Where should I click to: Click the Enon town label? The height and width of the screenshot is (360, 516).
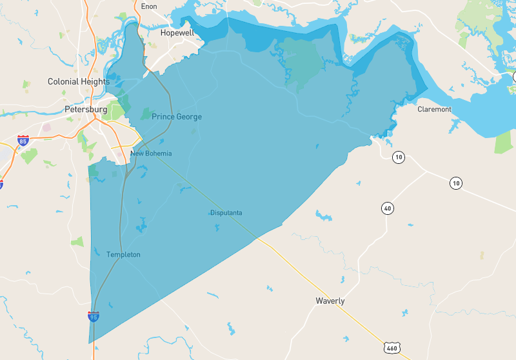pyautogui.click(x=149, y=6)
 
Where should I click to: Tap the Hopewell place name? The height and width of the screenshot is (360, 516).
pyautogui.click(x=177, y=32)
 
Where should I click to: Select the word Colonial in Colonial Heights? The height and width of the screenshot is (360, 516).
pyautogui.click(x=63, y=82)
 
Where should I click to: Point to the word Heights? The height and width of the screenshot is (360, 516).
pyautogui.click(x=95, y=82)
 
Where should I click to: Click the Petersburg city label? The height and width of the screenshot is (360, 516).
pyautogui.click(x=86, y=109)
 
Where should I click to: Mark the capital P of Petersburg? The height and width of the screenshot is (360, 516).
pyautogui.click(x=68, y=109)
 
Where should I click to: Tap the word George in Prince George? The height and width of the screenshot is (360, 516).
pyautogui.click(x=189, y=117)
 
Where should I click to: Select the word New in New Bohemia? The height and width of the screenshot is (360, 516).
pyautogui.click(x=137, y=154)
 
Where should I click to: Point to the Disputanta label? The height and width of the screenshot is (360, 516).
pyautogui.click(x=226, y=213)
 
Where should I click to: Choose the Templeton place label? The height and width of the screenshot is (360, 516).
pyautogui.click(x=123, y=255)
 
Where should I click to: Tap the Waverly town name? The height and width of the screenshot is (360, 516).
pyautogui.click(x=330, y=301)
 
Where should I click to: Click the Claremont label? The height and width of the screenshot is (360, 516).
pyautogui.click(x=435, y=109)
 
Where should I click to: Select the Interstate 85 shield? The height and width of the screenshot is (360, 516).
pyautogui.click(x=23, y=140)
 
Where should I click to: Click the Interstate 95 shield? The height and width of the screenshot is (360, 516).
pyautogui.click(x=94, y=317)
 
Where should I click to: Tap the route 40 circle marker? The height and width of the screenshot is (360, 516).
pyautogui.click(x=387, y=208)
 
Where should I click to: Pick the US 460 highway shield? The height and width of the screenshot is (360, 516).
pyautogui.click(x=392, y=348)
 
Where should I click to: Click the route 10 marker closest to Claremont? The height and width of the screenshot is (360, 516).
pyautogui.click(x=399, y=157)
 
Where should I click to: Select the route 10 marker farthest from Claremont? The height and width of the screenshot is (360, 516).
pyautogui.click(x=457, y=183)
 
